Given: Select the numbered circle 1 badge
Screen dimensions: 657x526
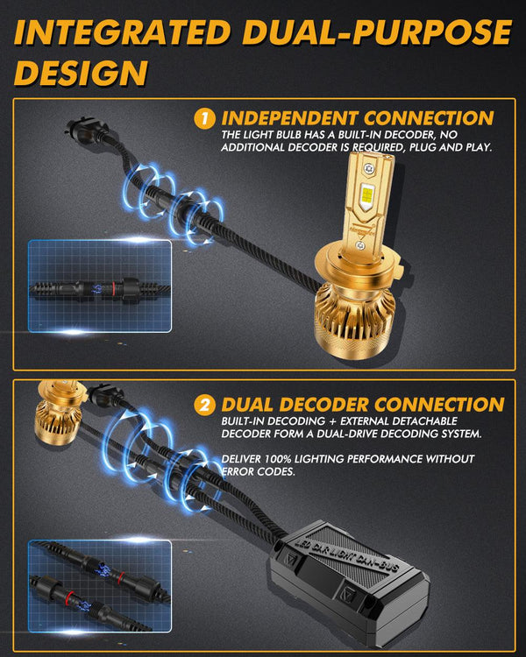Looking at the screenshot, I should coord(204,118).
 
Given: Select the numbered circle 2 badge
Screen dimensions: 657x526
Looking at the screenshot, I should coord(204,405).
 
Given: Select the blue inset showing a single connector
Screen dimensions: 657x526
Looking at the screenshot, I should coord(98,284).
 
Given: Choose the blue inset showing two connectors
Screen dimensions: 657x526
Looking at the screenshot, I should coord(98,583).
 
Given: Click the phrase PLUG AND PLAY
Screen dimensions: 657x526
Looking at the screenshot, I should coord(452,148).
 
